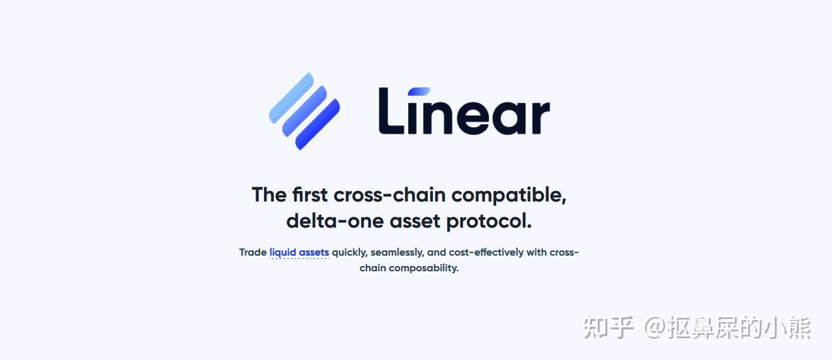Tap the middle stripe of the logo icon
coord(304,111)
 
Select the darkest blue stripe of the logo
coord(318,124)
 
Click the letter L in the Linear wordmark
coord(391,111)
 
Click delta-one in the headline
coord(334,221)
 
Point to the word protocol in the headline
coord(489,221)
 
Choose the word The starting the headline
coord(269,195)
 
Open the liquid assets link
coord(299,252)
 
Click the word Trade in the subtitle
coord(253,252)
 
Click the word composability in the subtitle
coord(424,268)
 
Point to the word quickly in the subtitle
coord(349,252)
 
